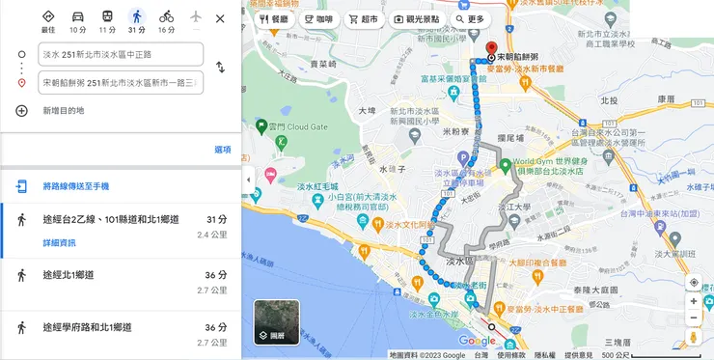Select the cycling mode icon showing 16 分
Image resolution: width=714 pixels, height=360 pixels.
pos(166,16)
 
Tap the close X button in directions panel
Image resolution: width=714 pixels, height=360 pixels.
pos(220,18)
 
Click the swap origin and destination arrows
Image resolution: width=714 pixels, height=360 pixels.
pos(220,68)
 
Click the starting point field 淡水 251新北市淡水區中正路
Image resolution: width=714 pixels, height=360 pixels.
pos(121,54)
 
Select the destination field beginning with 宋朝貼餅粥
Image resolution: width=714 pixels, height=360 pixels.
pos(121,83)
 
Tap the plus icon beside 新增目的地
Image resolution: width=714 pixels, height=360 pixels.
pos(21,111)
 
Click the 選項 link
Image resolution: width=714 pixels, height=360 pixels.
pos(222,150)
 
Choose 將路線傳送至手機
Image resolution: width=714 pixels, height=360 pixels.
pos(75,186)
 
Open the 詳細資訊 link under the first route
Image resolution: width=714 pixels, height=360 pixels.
pos(59,242)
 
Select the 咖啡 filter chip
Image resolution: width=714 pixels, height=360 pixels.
pos(317,18)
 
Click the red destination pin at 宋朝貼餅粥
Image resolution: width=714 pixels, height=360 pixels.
pos(490,48)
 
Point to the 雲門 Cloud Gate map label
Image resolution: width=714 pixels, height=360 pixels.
pos(298,125)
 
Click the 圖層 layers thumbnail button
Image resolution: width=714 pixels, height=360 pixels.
pos(276,322)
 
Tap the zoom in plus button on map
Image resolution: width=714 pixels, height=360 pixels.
pos(694,301)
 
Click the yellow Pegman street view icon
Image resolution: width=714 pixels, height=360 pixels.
pos(694,338)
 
